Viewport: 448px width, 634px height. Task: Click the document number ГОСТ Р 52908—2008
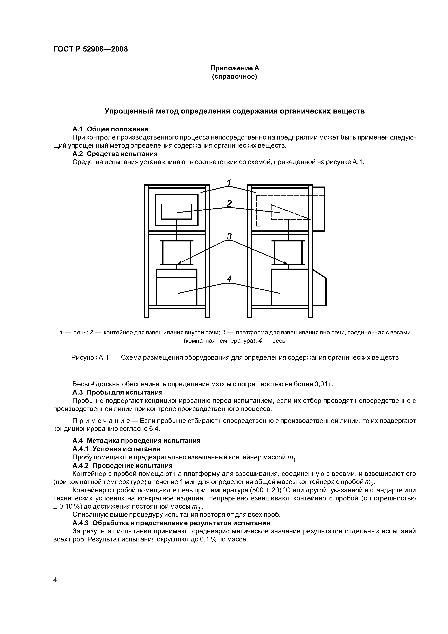[90, 49]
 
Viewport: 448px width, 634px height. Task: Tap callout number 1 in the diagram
[229, 183]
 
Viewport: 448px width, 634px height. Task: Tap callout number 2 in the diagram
[229, 204]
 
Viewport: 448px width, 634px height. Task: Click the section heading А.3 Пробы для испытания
[117, 392]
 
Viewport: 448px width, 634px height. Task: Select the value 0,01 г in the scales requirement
[324, 384]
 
